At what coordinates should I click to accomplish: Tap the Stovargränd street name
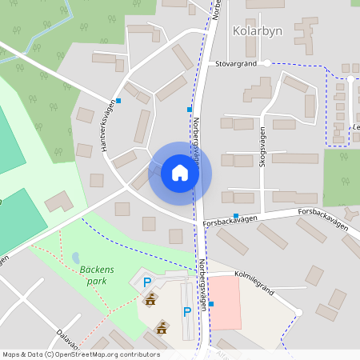pyautogui.click(x=235, y=62)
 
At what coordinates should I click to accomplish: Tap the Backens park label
pyautogui.click(x=98, y=276)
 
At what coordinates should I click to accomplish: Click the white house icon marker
pyautogui.click(x=180, y=172)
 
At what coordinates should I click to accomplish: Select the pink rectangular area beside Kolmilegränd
pyautogui.click(x=224, y=303)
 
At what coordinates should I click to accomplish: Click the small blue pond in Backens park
pyautogui.click(x=76, y=258)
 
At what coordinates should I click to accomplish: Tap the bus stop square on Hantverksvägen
pyautogui.click(x=118, y=101)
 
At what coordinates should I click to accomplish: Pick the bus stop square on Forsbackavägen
pyautogui.click(x=235, y=216)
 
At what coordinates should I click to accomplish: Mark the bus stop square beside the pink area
pyautogui.click(x=211, y=304)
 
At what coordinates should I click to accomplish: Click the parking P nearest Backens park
pyautogui.click(x=146, y=282)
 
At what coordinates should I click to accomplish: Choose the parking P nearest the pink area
pyautogui.click(x=186, y=311)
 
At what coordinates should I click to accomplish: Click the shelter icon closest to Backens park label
pyautogui.click(x=150, y=300)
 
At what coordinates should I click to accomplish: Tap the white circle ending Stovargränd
pyautogui.click(x=266, y=62)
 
